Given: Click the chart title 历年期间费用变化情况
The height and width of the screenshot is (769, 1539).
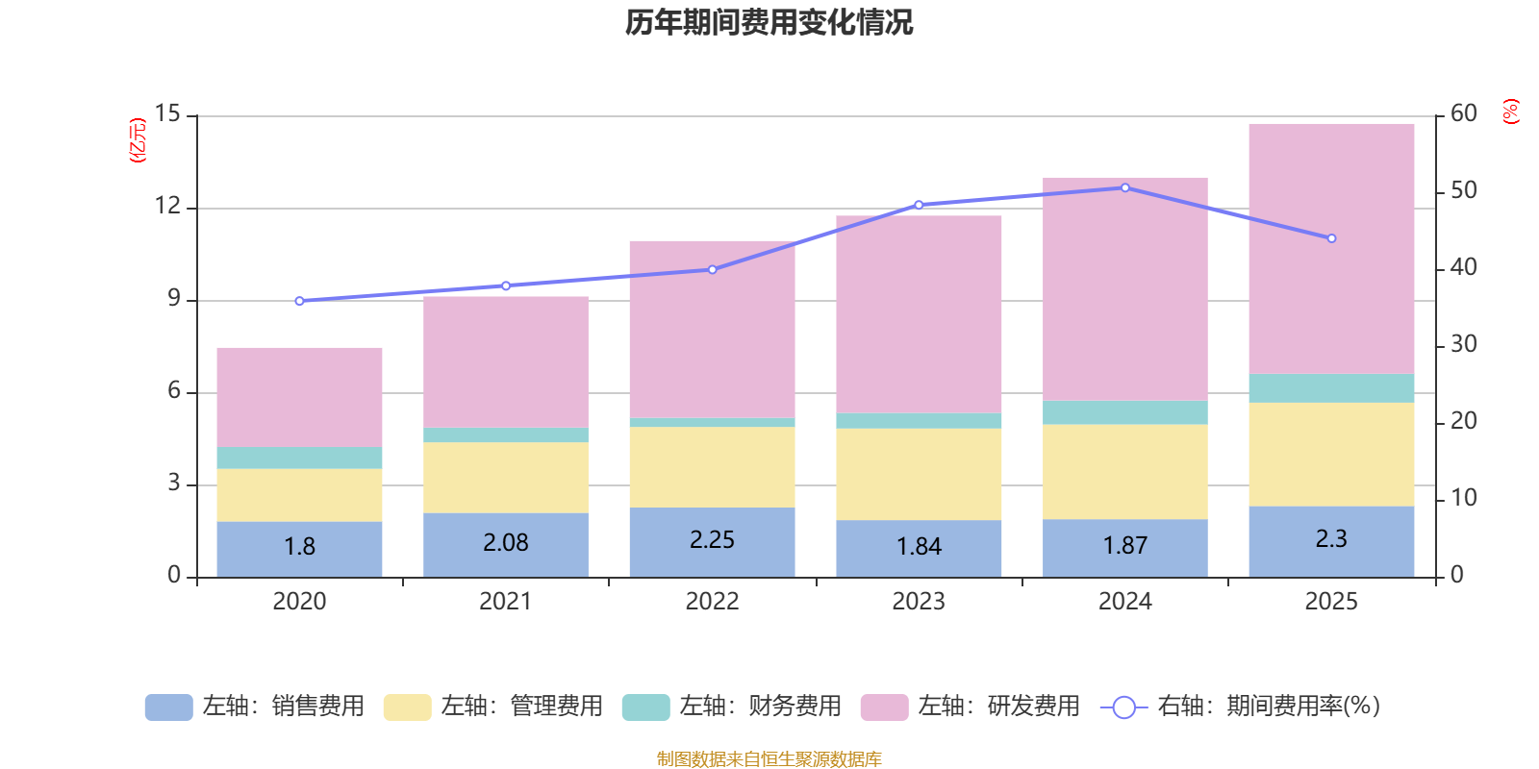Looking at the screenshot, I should [x=769, y=22].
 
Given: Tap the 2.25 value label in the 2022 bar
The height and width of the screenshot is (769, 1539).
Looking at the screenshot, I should [x=712, y=540].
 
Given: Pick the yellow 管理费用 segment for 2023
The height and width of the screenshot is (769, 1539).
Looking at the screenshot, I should [x=919, y=474].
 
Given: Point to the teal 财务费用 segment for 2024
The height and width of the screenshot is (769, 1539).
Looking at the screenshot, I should [x=1124, y=413].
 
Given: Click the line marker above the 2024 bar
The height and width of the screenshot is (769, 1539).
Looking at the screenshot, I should [x=1124, y=187].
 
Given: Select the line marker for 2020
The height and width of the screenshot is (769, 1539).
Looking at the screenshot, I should [x=299, y=301].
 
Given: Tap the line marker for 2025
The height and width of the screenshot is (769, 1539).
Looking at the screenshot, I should [x=1331, y=238].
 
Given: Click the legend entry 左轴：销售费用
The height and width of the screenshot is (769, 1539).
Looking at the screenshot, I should [x=256, y=707].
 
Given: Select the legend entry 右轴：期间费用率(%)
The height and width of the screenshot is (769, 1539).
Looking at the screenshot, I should [x=1241, y=707].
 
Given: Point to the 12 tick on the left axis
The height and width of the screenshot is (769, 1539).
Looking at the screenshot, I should [x=168, y=207].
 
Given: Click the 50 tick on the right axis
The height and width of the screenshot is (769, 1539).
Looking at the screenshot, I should [x=1463, y=190].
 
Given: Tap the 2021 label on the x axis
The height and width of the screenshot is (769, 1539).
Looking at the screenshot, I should [x=505, y=602].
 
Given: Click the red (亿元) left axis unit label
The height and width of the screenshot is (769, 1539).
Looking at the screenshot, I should [x=138, y=140].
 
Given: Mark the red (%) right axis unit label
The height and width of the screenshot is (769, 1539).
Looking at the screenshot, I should [x=1510, y=112].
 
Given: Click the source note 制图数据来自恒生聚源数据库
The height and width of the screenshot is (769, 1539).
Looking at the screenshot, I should [x=769, y=759].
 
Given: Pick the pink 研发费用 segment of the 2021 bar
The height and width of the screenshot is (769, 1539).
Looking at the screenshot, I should [x=505, y=362].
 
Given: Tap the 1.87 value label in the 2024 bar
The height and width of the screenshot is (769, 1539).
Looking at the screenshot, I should [x=1124, y=546].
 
